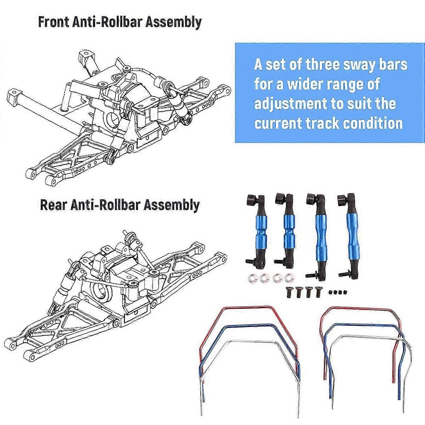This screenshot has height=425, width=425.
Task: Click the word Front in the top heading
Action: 54,22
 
